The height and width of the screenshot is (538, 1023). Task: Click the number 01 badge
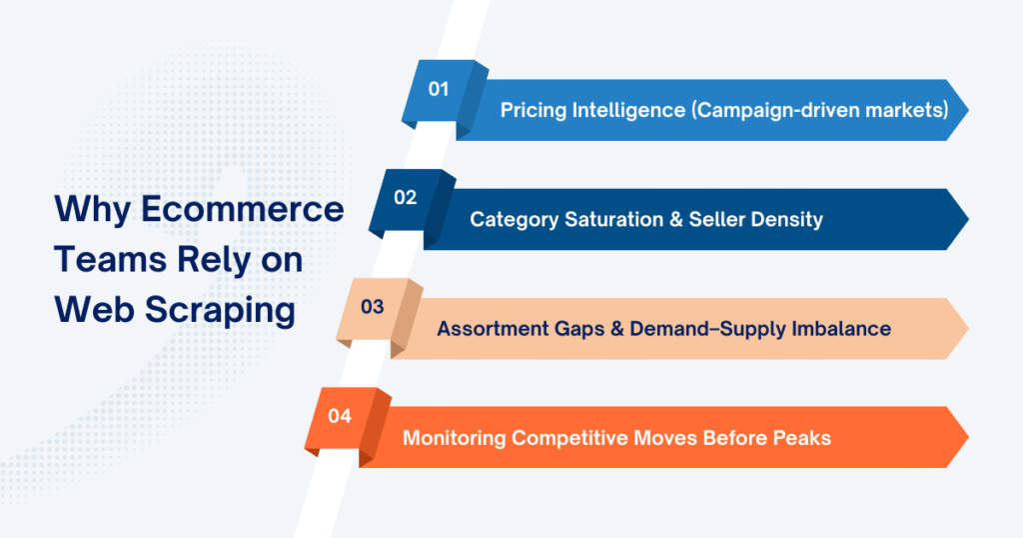[439, 89]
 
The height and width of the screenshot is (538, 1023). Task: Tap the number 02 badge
[406, 198]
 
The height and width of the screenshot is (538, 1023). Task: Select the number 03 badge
[372, 307]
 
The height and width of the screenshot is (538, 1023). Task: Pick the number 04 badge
[340, 416]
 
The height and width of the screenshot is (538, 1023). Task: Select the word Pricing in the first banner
[533, 110]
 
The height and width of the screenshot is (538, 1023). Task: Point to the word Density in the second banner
[787, 219]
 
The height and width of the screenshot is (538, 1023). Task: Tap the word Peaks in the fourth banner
[801, 437]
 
